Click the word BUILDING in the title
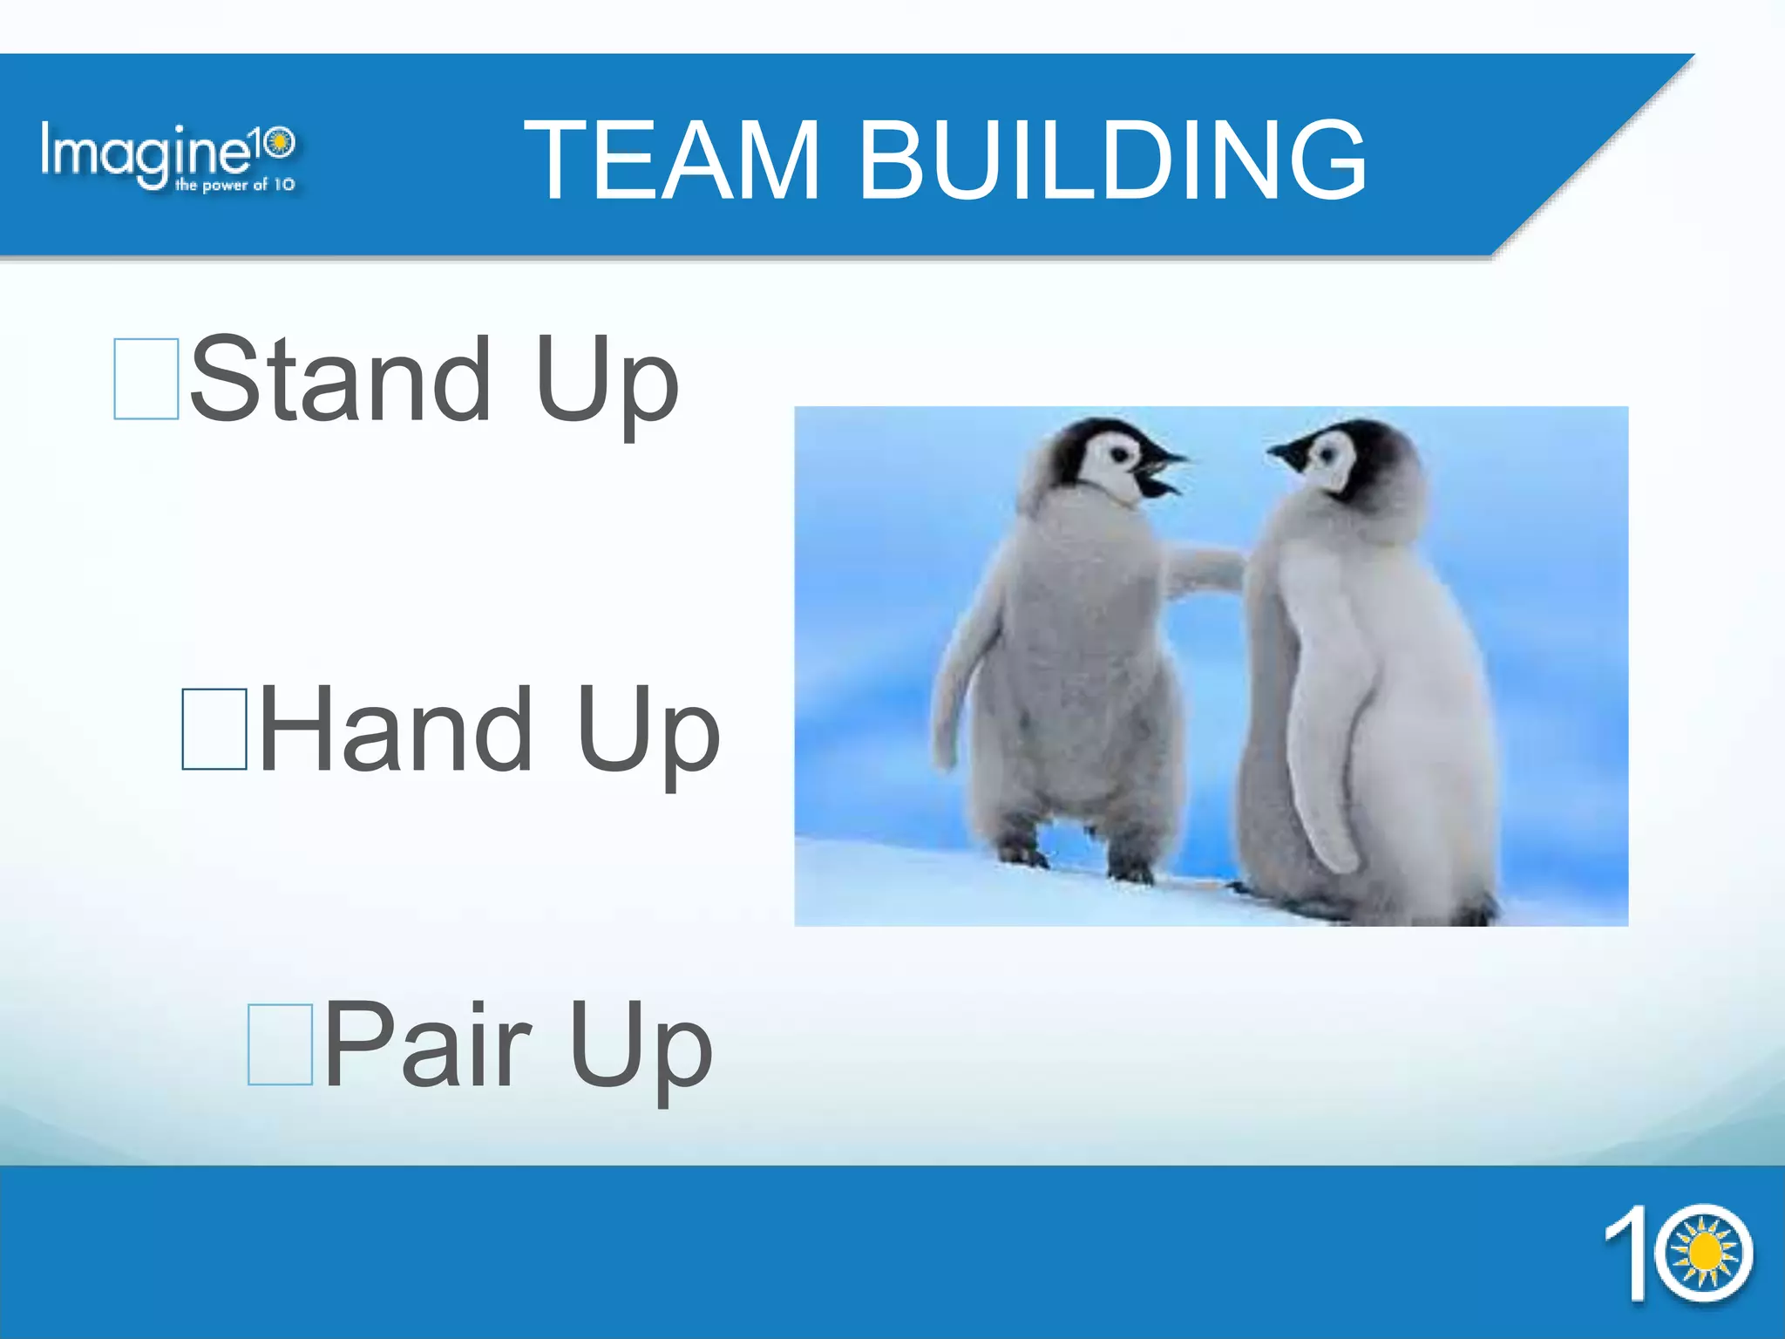coord(1113,161)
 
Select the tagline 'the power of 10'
coord(234,185)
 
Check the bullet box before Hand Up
coord(214,729)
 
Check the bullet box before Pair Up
coord(280,1043)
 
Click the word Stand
coord(340,380)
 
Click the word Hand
coord(395,729)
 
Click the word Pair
coord(427,1043)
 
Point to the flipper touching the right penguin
coord(1207,571)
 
